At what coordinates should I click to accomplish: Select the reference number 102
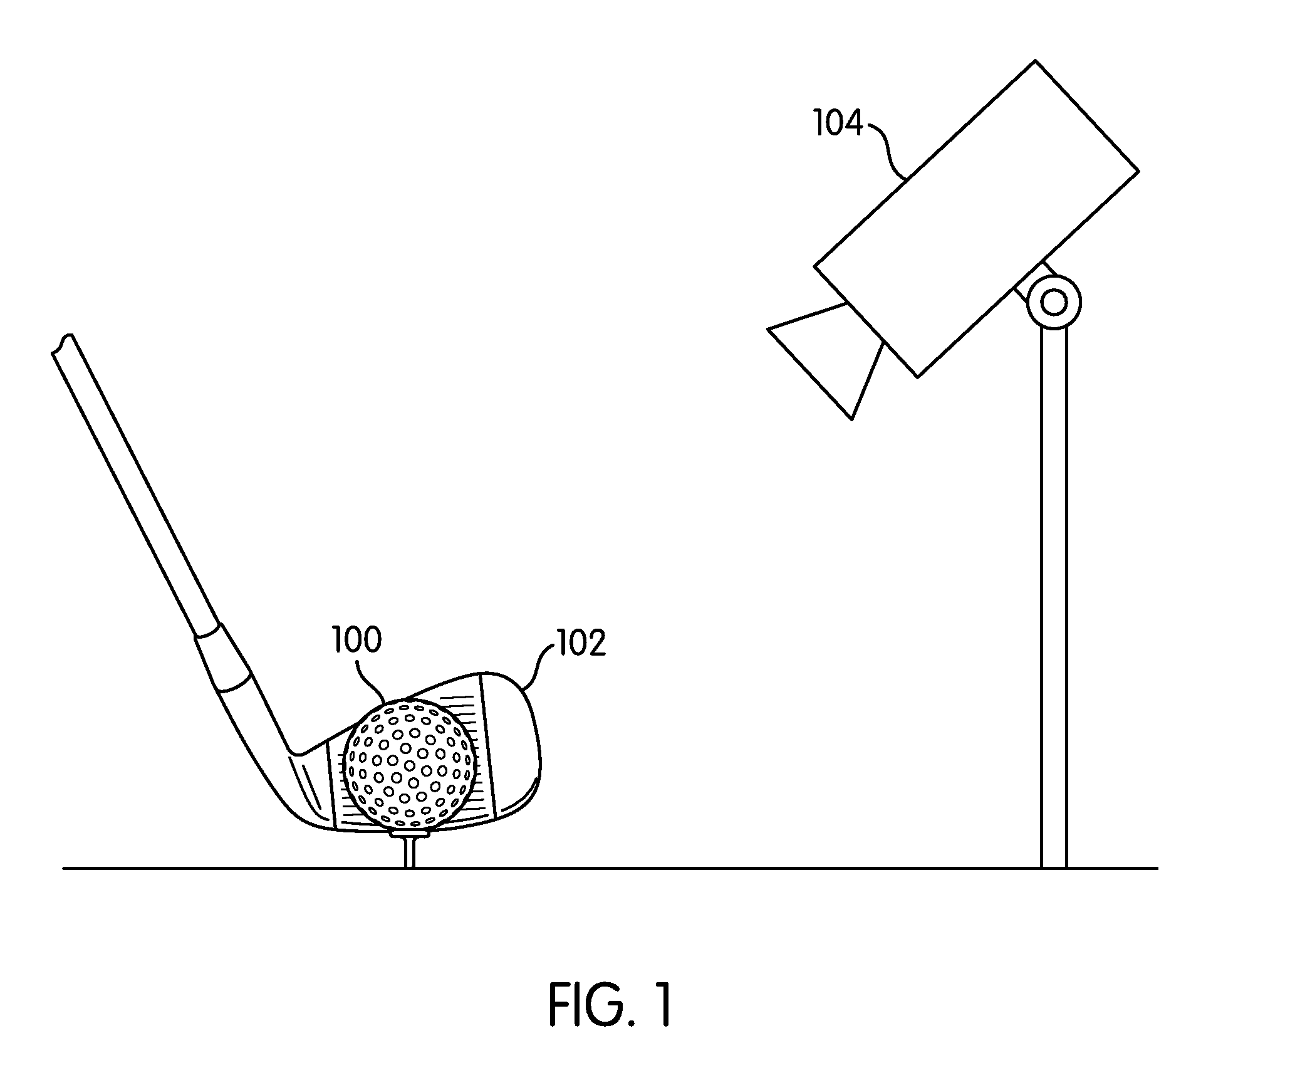click(x=581, y=644)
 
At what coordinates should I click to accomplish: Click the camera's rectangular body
click(x=977, y=218)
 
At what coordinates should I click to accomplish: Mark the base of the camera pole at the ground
click(x=1054, y=867)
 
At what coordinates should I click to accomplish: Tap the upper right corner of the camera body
click(x=1138, y=170)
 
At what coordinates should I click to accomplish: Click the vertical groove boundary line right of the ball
click(x=487, y=746)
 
